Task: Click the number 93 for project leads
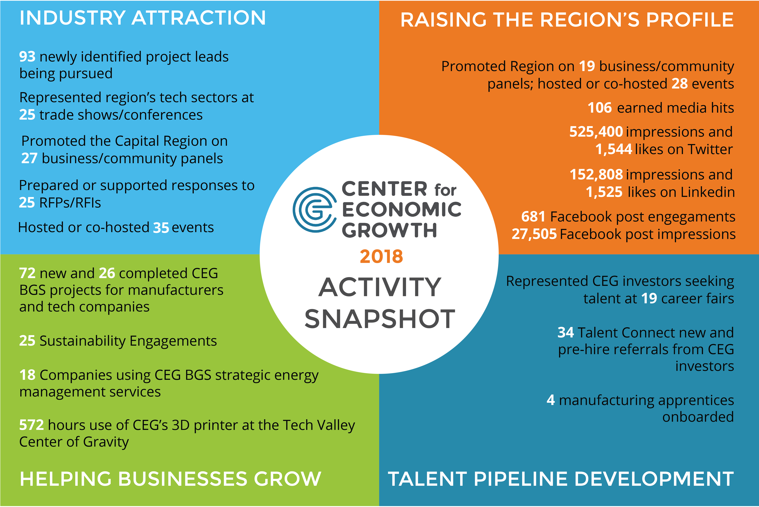[27, 57]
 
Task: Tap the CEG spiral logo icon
[314, 209]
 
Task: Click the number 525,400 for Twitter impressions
[596, 132]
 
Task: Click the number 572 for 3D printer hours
[31, 425]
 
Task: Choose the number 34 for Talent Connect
[566, 333]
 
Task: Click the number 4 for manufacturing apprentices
[550, 400]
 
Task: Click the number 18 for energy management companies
[27, 375]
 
